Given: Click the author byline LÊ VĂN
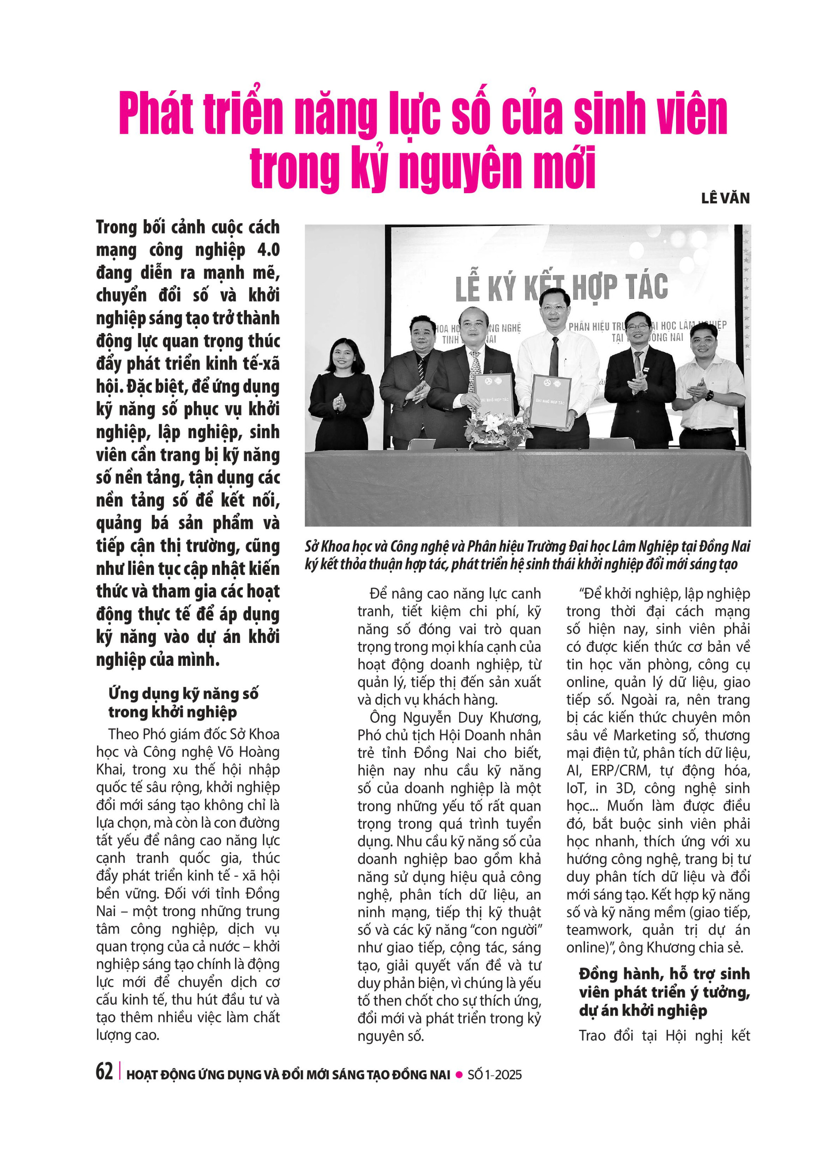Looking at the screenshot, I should pyautogui.click(x=725, y=198).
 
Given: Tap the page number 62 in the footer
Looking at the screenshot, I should pyautogui.click(x=104, y=1072).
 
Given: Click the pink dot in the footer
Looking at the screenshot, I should pyautogui.click(x=459, y=1074).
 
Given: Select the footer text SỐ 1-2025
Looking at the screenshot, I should pyautogui.click(x=494, y=1074).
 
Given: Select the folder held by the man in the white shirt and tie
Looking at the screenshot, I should pyautogui.click(x=551, y=401).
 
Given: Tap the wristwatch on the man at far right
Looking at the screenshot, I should pyautogui.click(x=710, y=394).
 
